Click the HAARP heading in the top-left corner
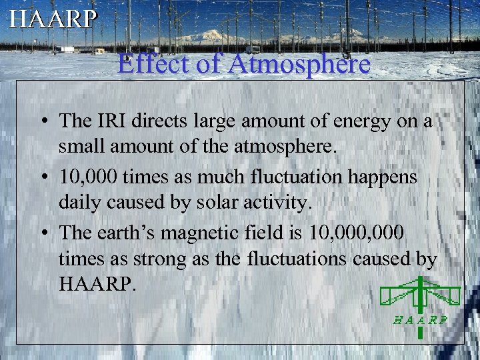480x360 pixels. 53,18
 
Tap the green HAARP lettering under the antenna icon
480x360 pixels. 419,319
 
